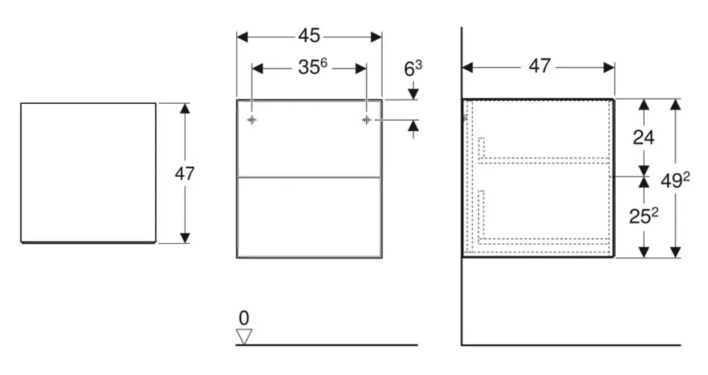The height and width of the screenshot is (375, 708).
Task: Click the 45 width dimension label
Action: click(x=309, y=35)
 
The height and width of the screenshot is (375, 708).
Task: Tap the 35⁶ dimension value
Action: click(x=312, y=67)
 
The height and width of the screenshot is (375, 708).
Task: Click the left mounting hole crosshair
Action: click(x=251, y=119)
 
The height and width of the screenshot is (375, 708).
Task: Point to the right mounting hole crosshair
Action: click(x=366, y=119)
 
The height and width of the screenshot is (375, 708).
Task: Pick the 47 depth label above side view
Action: click(x=539, y=66)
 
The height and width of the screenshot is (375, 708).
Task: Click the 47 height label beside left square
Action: click(x=184, y=174)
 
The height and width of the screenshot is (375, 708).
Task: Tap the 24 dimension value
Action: click(x=644, y=137)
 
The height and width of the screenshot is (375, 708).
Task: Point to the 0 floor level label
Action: click(x=244, y=318)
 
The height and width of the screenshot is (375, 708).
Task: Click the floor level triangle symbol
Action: click(x=243, y=337)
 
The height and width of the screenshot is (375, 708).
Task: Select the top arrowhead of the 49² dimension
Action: click(x=675, y=104)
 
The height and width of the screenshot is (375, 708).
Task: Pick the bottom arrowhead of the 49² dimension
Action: click(x=675, y=252)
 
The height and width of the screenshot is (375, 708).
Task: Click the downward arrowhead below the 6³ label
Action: click(x=413, y=94)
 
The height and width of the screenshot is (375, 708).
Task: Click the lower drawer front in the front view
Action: click(x=309, y=217)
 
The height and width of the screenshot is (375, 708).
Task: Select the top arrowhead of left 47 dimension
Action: click(x=184, y=108)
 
